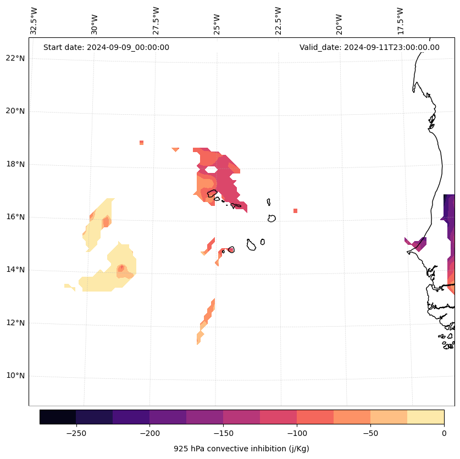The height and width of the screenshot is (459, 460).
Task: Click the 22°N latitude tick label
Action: (x=14, y=58)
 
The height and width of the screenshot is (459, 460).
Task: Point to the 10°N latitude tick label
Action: (x=14, y=376)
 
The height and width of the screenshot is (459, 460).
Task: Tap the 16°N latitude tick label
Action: (x=14, y=217)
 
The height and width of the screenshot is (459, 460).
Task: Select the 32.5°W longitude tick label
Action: (x=34, y=21)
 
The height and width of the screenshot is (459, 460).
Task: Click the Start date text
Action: (x=106, y=47)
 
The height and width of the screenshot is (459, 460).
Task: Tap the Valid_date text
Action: (x=369, y=47)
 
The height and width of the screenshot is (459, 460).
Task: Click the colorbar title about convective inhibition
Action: (x=241, y=449)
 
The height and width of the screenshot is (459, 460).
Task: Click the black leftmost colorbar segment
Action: (x=58, y=417)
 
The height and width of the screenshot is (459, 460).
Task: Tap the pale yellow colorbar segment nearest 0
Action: (x=425, y=417)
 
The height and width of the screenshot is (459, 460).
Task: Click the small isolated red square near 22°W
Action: (x=295, y=211)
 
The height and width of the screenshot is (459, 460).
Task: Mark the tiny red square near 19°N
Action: (x=141, y=143)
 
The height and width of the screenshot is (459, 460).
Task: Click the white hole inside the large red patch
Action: (x=210, y=170)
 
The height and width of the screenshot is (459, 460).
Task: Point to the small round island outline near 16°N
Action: (x=271, y=218)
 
